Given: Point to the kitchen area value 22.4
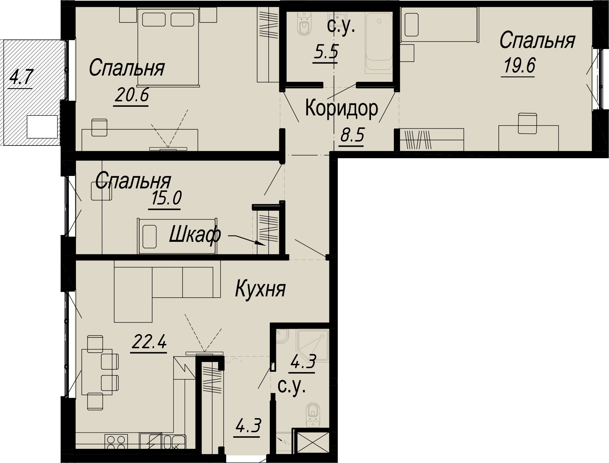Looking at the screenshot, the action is pyautogui.click(x=149, y=341).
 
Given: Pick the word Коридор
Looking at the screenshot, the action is pyautogui.click(x=342, y=108).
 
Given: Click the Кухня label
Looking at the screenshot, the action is pyautogui.click(x=260, y=289).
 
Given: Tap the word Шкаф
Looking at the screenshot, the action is pyautogui.click(x=195, y=235).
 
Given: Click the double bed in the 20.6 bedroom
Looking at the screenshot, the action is pyautogui.click(x=169, y=48).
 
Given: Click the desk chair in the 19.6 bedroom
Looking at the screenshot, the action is pyautogui.click(x=528, y=123).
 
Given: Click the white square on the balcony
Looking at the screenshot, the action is pyautogui.click(x=42, y=126).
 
